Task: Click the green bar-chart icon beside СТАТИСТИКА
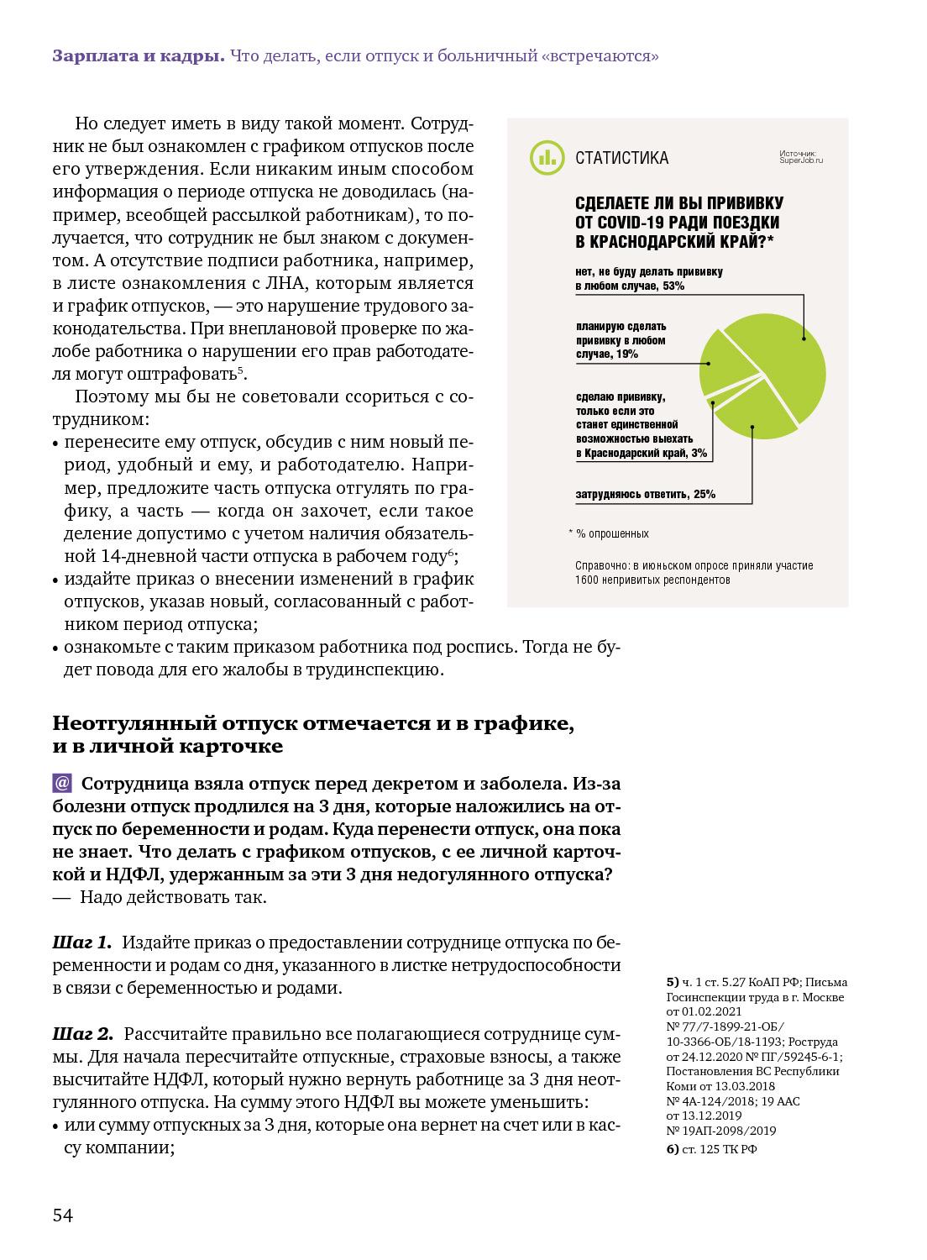(x=547, y=157)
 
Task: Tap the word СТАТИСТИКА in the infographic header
(x=621, y=158)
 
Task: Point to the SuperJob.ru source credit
(x=801, y=157)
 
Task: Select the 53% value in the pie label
(x=673, y=286)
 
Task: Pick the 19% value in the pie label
(x=627, y=354)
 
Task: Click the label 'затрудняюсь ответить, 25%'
(x=645, y=495)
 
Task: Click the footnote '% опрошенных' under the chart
(x=612, y=534)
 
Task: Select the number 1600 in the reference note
(x=586, y=580)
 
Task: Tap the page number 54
(x=63, y=1215)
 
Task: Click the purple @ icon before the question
(x=62, y=784)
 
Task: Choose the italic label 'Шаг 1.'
(x=81, y=942)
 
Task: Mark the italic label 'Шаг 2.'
(x=82, y=1034)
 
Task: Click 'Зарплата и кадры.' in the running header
(x=139, y=56)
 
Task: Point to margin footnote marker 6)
(x=673, y=1149)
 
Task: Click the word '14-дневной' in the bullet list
(x=143, y=556)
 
